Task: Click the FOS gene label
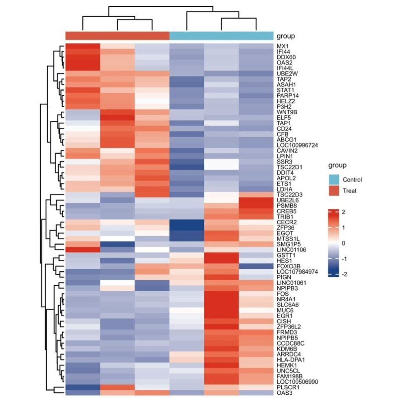coord(282,293)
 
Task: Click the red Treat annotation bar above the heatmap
coord(117,36)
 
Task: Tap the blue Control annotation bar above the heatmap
coord(221,36)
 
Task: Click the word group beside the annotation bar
coord(285,36)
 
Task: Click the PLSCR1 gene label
coord(286,387)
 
